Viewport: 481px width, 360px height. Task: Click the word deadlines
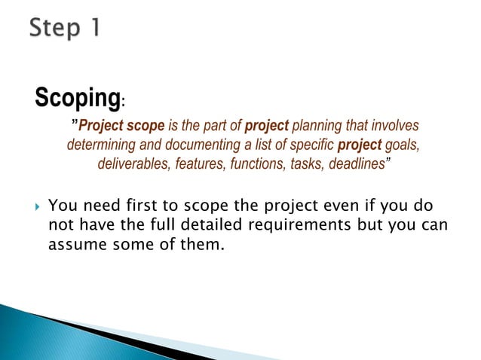(358, 164)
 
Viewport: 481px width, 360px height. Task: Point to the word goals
(401, 145)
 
